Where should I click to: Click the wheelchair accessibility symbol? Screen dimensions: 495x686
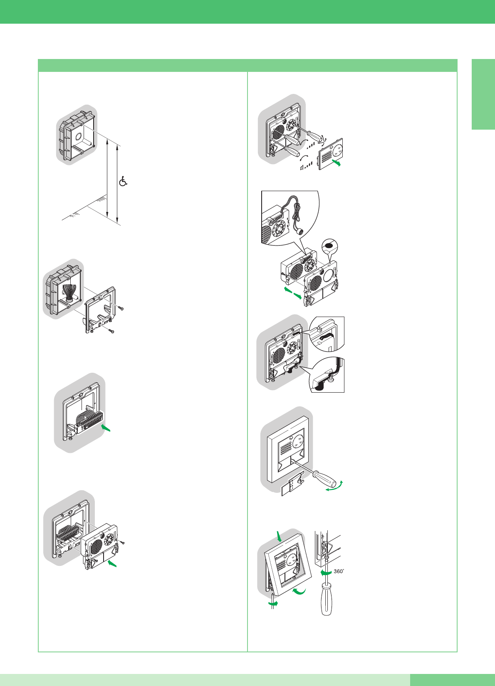(x=123, y=181)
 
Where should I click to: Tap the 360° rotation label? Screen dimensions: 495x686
(x=339, y=571)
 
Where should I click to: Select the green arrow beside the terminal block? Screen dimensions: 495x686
(x=106, y=428)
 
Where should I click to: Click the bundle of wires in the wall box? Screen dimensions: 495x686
(x=69, y=293)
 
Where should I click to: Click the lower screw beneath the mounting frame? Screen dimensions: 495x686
(x=111, y=331)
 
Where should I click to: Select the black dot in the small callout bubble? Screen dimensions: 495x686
(x=329, y=245)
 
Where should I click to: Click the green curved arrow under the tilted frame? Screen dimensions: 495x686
(x=299, y=592)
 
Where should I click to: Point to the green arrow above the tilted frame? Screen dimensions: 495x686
(x=279, y=536)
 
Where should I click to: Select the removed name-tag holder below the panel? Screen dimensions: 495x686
(x=292, y=484)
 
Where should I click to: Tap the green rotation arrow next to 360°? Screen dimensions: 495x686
(x=326, y=572)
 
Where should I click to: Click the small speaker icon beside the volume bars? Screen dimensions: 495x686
(x=302, y=167)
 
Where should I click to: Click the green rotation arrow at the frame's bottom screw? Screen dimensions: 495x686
(x=273, y=603)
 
